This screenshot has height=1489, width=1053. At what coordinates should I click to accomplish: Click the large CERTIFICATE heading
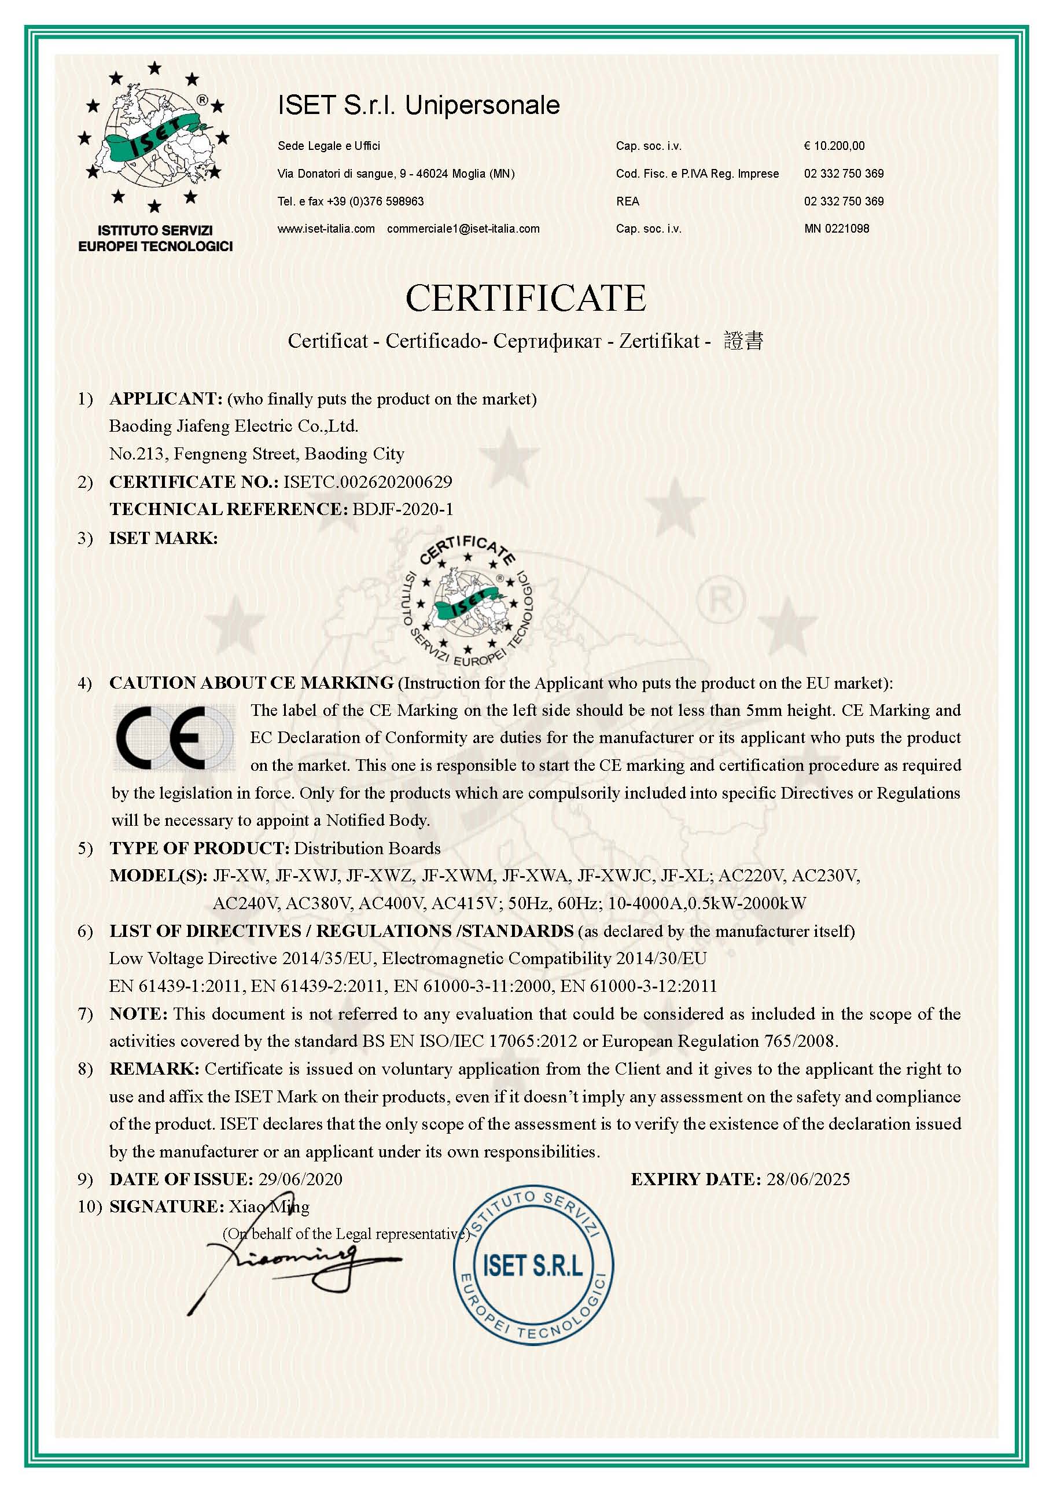click(526, 298)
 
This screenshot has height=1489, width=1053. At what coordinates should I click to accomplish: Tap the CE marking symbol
click(174, 738)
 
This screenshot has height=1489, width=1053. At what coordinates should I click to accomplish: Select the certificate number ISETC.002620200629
click(367, 482)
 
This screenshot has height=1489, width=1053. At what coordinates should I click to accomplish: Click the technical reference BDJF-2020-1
click(403, 510)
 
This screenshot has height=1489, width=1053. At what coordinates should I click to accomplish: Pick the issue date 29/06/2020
click(300, 1179)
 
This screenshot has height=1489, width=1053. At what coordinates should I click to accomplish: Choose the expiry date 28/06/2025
click(808, 1179)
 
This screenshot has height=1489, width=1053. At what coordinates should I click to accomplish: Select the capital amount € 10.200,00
click(834, 146)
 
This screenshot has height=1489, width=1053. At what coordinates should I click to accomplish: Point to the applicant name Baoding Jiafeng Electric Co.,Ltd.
click(233, 426)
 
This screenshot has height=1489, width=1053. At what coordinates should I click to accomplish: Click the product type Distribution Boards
click(367, 848)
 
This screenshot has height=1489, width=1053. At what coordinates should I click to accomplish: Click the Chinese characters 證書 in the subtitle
click(743, 340)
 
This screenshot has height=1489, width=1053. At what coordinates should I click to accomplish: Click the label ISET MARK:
click(163, 538)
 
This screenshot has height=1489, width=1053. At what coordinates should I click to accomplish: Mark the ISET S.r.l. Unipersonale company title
click(419, 105)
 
